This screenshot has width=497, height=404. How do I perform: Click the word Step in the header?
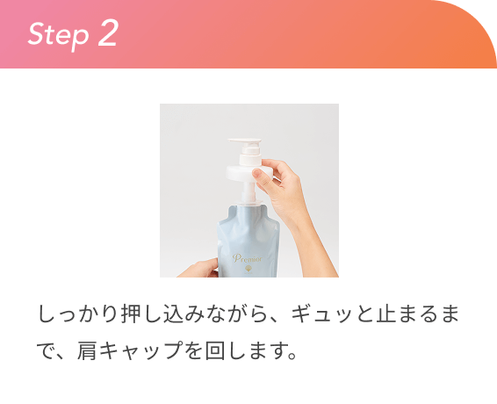pos(58,35)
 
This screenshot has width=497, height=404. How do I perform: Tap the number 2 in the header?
pos(108,32)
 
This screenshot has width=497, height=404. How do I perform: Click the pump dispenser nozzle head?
pos(245,141)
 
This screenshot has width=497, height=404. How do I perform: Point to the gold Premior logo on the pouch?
pos(248,258)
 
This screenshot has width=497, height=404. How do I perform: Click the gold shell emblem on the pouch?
pos(248,270)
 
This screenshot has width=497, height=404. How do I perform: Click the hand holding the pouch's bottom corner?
pos(199,269)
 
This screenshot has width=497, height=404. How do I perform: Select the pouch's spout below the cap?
pos(249,198)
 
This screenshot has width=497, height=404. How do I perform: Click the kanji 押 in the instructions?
pos(131,314)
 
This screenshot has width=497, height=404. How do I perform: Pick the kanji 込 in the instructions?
pos(173,314)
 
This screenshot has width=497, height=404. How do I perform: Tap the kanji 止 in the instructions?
pos(385,314)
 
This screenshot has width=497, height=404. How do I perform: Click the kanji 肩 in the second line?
pos(87,350)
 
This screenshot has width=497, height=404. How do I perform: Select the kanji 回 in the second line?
pos(215,350)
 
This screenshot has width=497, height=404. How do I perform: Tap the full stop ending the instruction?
pos(292,357)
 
